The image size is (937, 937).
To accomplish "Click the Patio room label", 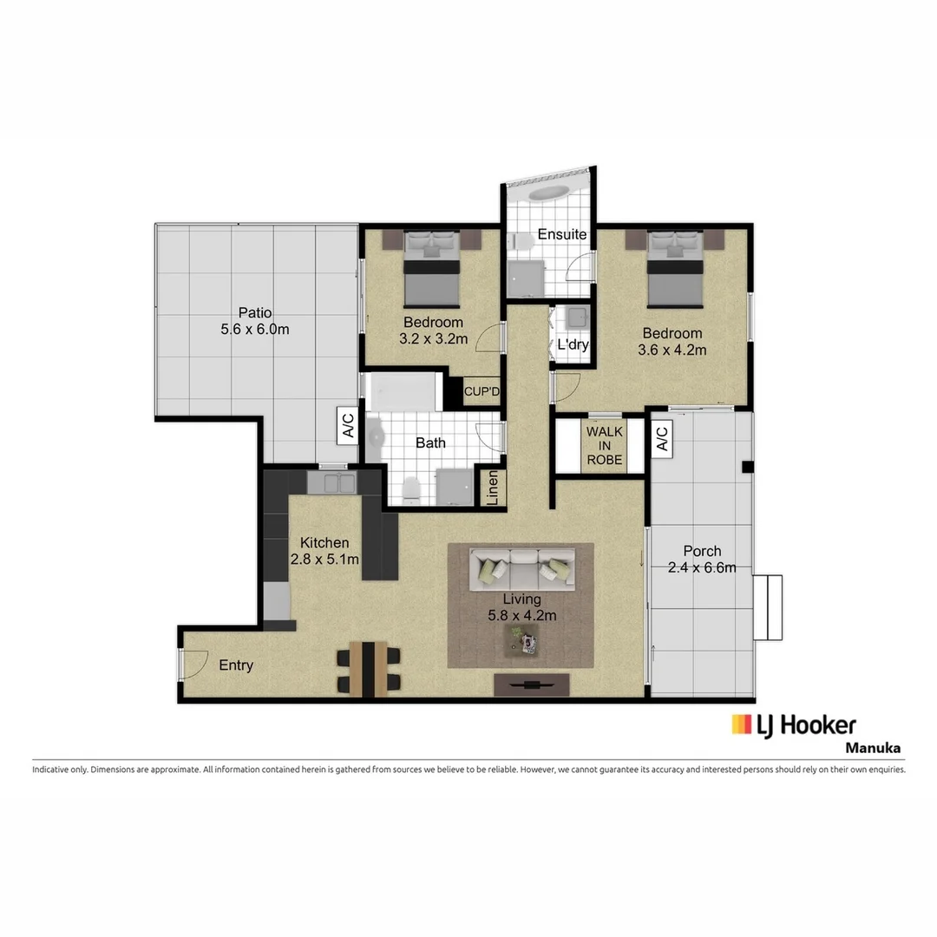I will pyautogui.click(x=255, y=313).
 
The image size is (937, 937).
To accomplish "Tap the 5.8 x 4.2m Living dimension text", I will pyautogui.click(x=521, y=616).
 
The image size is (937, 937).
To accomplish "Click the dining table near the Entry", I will pyautogui.click(x=370, y=668).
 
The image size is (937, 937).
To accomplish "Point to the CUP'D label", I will pyautogui.click(x=482, y=391).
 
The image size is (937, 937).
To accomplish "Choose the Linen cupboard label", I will pyautogui.click(x=492, y=488).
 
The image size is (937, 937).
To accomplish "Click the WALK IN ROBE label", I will pyautogui.click(x=604, y=445).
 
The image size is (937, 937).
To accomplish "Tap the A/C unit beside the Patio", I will pyautogui.click(x=347, y=425).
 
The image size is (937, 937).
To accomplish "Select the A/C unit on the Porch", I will pyautogui.click(x=661, y=438).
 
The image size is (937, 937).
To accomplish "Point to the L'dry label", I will pyautogui.click(x=573, y=344).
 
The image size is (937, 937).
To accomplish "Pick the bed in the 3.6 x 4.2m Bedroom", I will pyautogui.click(x=676, y=271).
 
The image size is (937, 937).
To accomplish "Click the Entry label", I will pyautogui.click(x=236, y=665).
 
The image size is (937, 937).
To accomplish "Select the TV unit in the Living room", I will pyautogui.click(x=532, y=685).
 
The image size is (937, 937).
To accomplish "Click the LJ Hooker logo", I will pyautogui.click(x=793, y=725).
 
